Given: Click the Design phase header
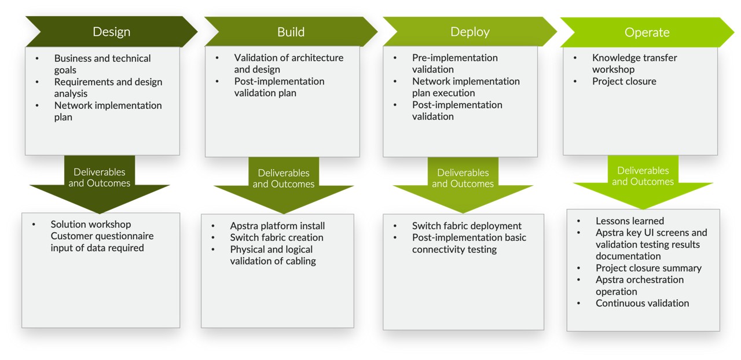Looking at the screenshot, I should coord(111,32).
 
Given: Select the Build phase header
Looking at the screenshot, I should coord(291,32).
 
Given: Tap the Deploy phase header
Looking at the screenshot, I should coord(469,32).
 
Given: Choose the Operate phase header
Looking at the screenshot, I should coord(647,32).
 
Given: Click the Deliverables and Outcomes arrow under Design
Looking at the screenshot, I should coord(99,178).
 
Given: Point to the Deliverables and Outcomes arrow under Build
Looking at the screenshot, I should coord(284,178).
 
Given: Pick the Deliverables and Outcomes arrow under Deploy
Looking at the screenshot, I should coord(463,178).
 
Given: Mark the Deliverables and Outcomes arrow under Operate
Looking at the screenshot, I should coord(643,176).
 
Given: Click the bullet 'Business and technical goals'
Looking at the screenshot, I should coord(102,64).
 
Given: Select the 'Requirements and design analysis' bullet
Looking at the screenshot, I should coord(108,87).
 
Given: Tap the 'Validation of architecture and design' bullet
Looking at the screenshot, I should coord(288,64).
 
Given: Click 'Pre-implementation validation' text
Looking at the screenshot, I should coord(454,64).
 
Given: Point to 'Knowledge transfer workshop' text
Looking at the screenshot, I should coord(634,64).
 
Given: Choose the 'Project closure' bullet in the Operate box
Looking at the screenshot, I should coord(623,82).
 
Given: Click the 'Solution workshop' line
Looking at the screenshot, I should coord(90,225).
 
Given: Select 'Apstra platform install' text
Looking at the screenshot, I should coord(277,226).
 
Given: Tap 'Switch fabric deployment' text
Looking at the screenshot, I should coord(467,226).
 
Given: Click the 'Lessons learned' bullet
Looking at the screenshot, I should coord(629,221).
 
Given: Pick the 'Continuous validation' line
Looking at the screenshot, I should coord(642,303).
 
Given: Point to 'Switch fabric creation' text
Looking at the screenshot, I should coord(276,237).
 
